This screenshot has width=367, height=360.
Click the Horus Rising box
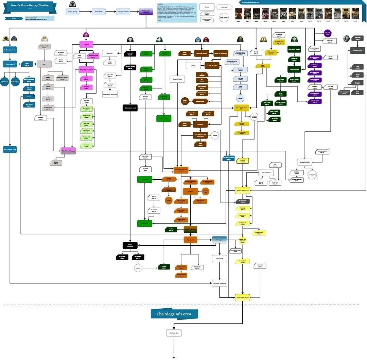pyautogui.click(x=72, y=12)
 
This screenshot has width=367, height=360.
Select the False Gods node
pyautogui.click(x=98, y=12)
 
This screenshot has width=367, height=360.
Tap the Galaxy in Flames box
pyautogui.click(x=123, y=12)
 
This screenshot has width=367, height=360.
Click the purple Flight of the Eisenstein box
pyautogui.click(x=146, y=12)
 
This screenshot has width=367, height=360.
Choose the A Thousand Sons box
pyautogui.click(x=10, y=50)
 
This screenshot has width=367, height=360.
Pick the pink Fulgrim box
pyautogui.click(x=86, y=44)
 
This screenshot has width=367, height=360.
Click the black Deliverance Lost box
pyautogui.click(x=130, y=108)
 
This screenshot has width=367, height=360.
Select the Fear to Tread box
pyautogui.click(x=177, y=79)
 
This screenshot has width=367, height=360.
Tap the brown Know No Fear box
pyautogui.click(x=212, y=66)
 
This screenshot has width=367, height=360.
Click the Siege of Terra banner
pyautogui.click(x=174, y=314)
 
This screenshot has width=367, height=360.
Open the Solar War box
pyautogui.click(x=174, y=333)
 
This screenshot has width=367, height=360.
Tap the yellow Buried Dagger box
pyautogui.click(x=243, y=297)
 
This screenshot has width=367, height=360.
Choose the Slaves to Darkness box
pyautogui.click(x=220, y=283)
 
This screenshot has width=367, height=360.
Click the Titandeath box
pyautogui.click(x=219, y=259)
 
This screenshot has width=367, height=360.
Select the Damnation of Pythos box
pyautogui.click(x=110, y=94)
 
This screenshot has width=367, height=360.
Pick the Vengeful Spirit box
pyautogui.click(x=304, y=162)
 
